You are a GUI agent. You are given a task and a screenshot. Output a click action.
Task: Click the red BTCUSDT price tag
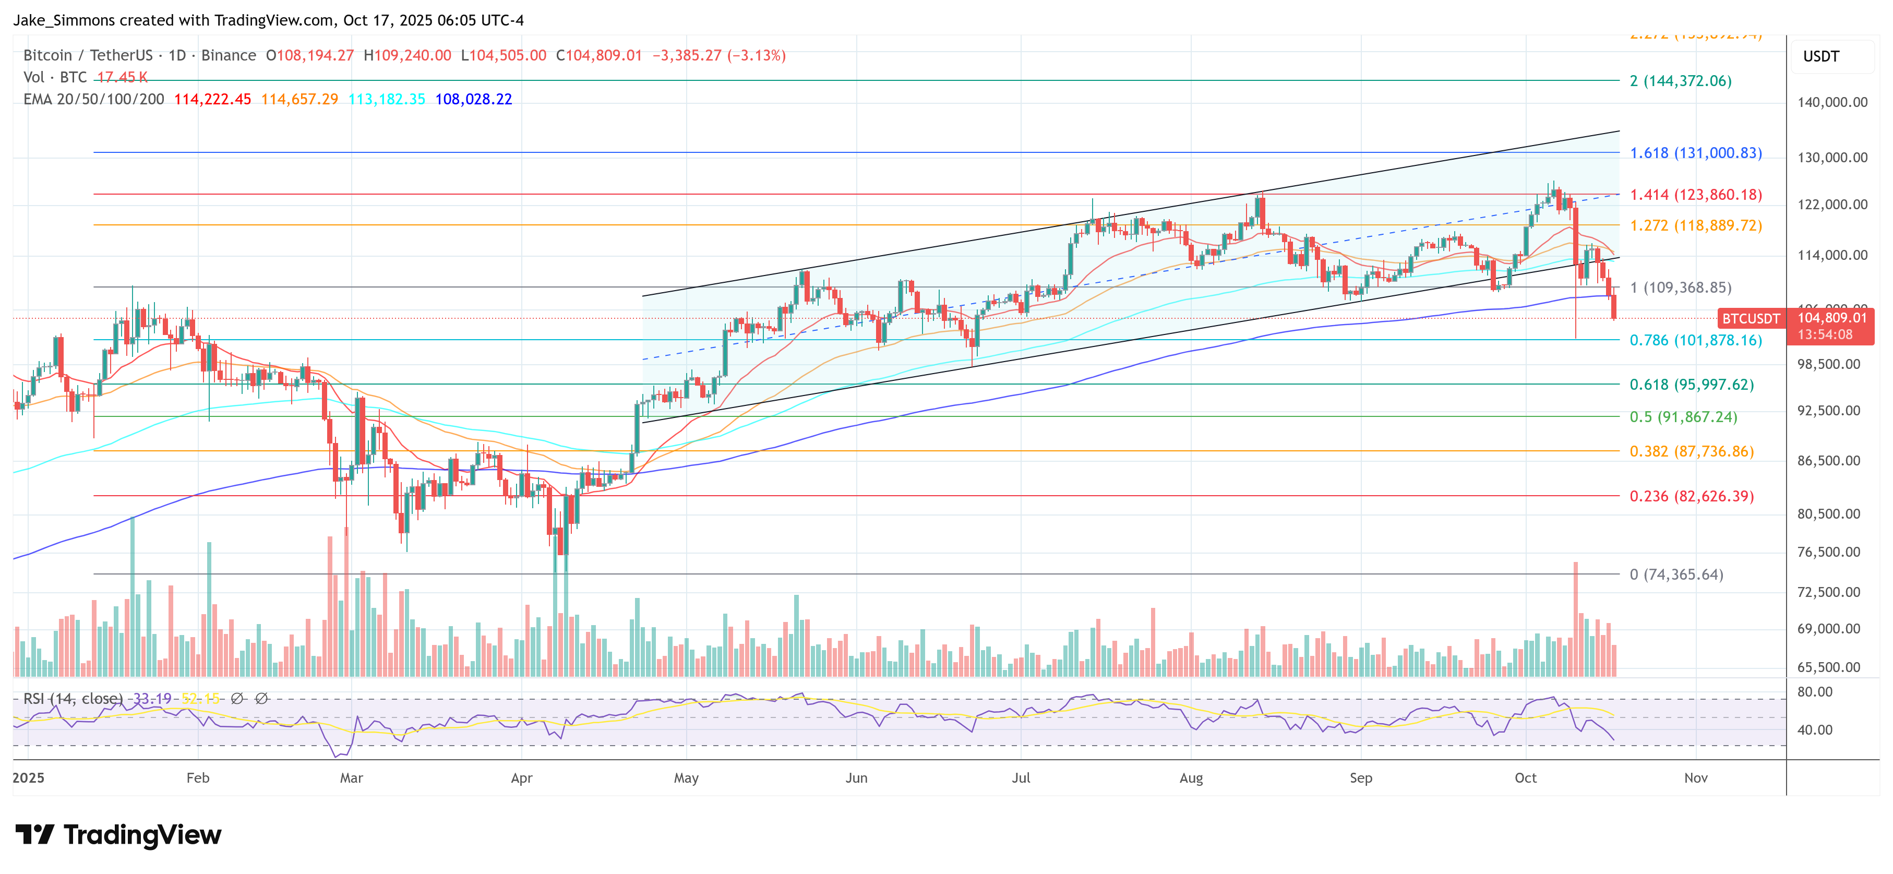[1751, 319]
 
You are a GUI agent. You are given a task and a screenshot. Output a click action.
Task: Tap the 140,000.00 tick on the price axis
[1832, 102]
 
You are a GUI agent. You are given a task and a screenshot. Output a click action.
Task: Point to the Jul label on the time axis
[1020, 777]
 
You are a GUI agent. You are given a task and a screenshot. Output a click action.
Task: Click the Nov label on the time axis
[1695, 777]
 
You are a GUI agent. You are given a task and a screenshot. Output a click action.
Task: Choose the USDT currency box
[1820, 56]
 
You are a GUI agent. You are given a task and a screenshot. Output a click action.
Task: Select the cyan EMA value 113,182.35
[387, 99]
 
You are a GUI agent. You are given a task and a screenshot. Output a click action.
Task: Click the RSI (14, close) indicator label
[73, 698]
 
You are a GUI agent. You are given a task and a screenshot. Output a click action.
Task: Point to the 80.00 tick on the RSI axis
[1814, 692]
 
